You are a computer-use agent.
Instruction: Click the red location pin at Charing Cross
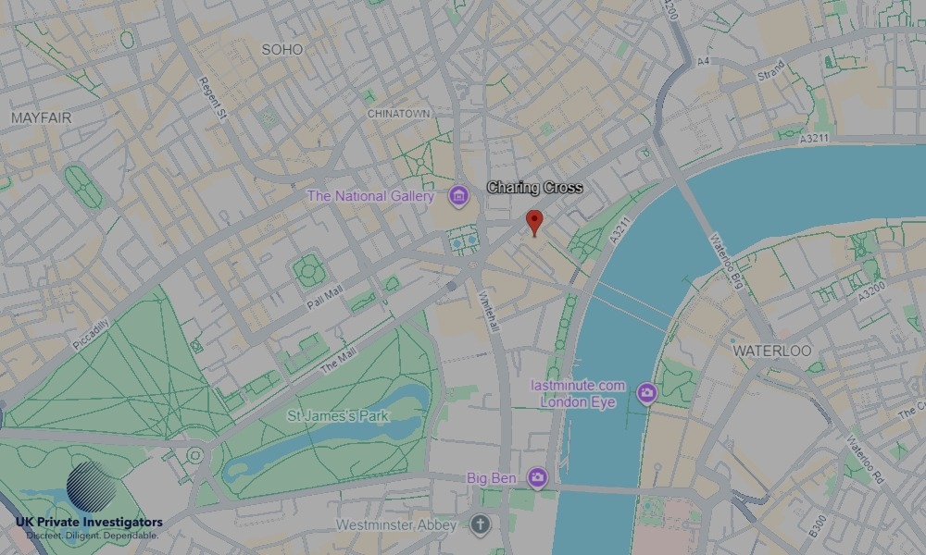[x=533, y=221]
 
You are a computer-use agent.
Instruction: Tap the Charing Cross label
[x=535, y=188]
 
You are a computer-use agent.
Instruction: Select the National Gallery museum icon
[x=457, y=196]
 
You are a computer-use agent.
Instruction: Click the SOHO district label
[x=282, y=49]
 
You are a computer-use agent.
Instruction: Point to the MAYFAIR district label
[x=42, y=118]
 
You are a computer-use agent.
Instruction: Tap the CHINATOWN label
[x=399, y=113]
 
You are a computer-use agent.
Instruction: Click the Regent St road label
[x=213, y=97]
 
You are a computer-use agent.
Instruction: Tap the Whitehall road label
[x=488, y=319]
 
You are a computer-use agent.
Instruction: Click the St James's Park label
[x=338, y=416]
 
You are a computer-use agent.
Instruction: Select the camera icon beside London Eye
[x=646, y=394]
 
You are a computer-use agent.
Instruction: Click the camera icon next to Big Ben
[x=537, y=478]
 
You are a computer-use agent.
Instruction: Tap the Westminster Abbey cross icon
[x=479, y=525]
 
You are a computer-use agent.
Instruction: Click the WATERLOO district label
[x=771, y=351]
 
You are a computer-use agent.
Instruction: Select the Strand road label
[x=770, y=70]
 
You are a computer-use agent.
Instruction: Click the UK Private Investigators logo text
[x=89, y=523]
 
